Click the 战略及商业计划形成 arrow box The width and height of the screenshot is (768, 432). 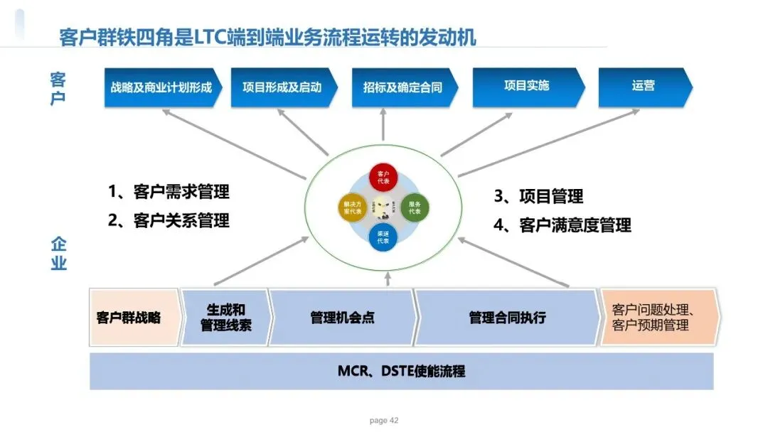pos(161,87)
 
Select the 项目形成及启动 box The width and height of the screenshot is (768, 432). pos(282,87)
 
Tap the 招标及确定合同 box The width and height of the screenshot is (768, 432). pos(402,87)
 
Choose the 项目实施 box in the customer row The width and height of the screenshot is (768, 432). pos(526,86)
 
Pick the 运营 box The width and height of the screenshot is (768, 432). pos(643,86)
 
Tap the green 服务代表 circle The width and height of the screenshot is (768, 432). pos(415,207)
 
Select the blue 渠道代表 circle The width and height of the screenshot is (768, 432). pos(383,237)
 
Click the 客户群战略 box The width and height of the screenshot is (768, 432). pos(129,317)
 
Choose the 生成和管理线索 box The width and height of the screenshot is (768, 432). pos(225,318)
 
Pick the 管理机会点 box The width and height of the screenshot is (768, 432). pos(342,318)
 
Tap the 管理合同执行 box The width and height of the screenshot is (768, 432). pos(507,318)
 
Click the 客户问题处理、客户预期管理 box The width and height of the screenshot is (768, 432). pos(658,318)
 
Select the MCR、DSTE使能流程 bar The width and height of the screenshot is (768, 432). pos(401,371)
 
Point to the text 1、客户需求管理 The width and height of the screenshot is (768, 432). pos(169,192)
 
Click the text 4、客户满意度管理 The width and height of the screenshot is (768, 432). pos(562,225)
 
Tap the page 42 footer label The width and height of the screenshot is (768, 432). pos(384,421)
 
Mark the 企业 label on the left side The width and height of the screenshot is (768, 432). pos(58,254)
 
